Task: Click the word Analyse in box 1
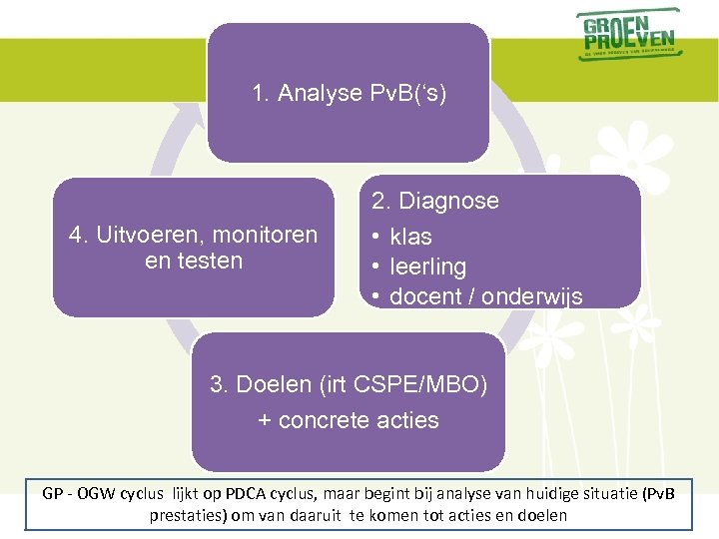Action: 321,94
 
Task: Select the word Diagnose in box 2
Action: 448,201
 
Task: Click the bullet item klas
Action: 410,237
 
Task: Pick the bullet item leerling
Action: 427,267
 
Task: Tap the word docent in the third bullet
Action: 422,296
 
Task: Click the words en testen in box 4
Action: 194,261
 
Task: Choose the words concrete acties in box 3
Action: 359,420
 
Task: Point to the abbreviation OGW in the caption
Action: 94,494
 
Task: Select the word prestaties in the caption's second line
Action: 184,516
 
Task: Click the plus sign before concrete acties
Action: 265,420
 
